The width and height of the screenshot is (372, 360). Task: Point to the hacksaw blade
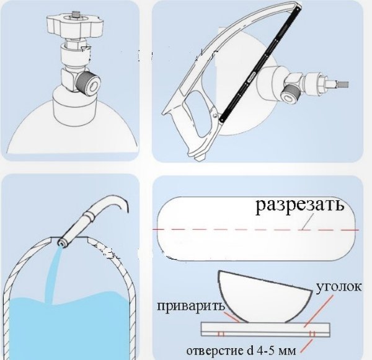point(260,64)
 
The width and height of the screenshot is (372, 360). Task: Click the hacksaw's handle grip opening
point(198,113)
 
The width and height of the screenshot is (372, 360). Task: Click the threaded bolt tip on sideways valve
point(343,84)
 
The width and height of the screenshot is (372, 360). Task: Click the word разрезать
point(300,205)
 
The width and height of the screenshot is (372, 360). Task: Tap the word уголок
point(339,287)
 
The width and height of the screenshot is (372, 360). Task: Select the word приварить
point(191,307)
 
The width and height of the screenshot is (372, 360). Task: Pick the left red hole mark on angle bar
point(221,334)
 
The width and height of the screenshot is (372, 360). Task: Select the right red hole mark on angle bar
point(312,334)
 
